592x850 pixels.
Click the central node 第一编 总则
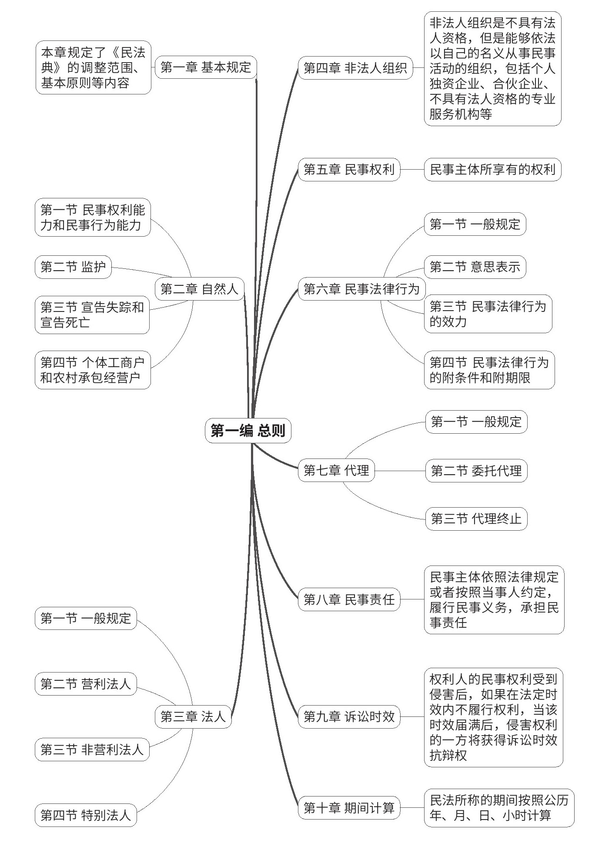tap(248, 431)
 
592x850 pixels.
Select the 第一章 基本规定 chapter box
tap(206, 67)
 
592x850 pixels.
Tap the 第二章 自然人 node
tap(199, 289)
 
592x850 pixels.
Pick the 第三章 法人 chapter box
tap(193, 716)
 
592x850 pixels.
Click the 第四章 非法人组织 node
tap(355, 68)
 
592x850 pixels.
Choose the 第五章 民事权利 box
tap(349, 169)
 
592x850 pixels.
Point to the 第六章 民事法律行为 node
tap(361, 289)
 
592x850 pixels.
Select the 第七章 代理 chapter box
tap(336, 470)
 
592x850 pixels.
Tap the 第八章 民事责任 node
tap(349, 599)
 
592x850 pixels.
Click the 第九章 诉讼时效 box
tap(349, 716)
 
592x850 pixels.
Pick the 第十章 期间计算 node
tap(349, 808)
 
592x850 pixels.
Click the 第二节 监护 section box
tap(73, 267)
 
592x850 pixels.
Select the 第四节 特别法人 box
tap(86, 815)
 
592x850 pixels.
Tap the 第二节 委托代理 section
tap(476, 471)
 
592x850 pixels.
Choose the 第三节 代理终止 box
tap(476, 519)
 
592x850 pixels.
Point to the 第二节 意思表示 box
tap(475, 267)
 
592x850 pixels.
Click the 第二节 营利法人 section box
tap(86, 684)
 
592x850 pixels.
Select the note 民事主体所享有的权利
tap(492, 169)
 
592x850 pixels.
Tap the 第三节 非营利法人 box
tap(92, 750)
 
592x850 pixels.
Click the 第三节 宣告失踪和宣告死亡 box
tap(92, 315)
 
